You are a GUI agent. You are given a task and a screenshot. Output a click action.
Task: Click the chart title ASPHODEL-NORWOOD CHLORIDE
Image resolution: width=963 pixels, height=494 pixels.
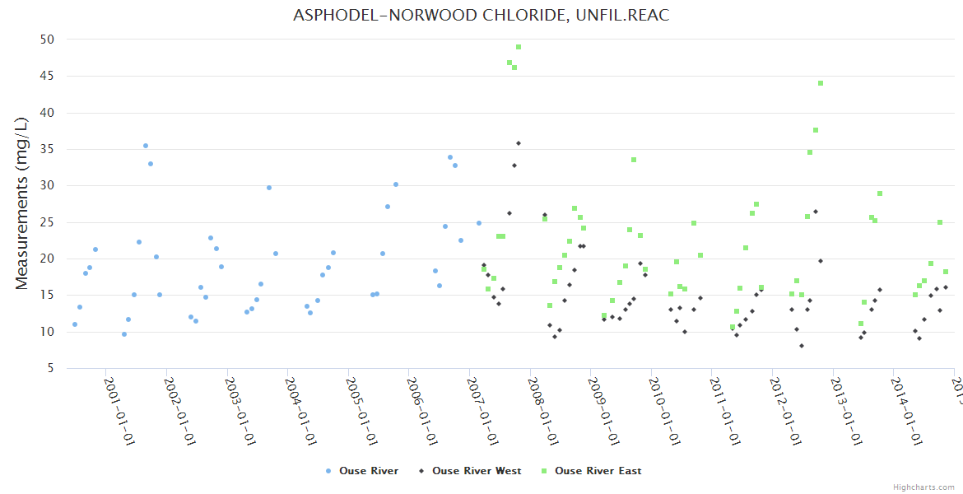(x=481, y=16)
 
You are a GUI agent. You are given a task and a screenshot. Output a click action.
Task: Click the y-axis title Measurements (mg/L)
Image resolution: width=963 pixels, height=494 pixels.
(x=22, y=203)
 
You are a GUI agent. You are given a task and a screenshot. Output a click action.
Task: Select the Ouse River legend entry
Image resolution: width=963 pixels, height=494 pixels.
(x=362, y=471)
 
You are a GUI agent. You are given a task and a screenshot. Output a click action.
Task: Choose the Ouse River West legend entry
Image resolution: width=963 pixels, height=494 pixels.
(x=469, y=471)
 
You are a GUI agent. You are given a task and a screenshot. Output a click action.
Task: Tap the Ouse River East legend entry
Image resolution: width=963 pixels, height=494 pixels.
(x=592, y=471)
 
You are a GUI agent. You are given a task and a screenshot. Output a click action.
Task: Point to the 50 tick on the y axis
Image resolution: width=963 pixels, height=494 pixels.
(x=47, y=40)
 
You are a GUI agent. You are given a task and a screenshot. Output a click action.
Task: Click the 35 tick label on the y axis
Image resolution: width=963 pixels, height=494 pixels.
(x=47, y=149)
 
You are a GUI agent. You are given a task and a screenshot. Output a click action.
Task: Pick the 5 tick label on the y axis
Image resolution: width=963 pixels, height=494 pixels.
(x=50, y=369)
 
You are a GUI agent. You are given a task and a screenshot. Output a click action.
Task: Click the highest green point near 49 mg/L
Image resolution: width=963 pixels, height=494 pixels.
(x=519, y=47)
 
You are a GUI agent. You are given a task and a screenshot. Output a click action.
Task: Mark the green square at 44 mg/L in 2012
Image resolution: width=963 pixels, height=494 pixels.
(x=821, y=83)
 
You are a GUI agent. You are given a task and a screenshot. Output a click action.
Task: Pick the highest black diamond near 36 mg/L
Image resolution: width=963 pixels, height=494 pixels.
(x=519, y=143)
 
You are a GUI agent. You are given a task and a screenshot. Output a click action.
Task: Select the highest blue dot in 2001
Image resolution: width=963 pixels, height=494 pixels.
(x=146, y=146)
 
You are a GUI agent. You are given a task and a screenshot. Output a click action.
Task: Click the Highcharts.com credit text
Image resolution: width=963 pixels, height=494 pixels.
(x=923, y=487)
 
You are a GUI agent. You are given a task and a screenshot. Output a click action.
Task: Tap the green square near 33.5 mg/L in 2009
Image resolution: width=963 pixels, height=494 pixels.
(x=634, y=160)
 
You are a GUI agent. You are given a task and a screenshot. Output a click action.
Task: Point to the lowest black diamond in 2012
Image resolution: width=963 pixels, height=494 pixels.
(x=802, y=346)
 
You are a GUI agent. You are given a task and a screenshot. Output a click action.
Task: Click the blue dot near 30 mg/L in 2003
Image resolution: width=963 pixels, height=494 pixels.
(x=269, y=188)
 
